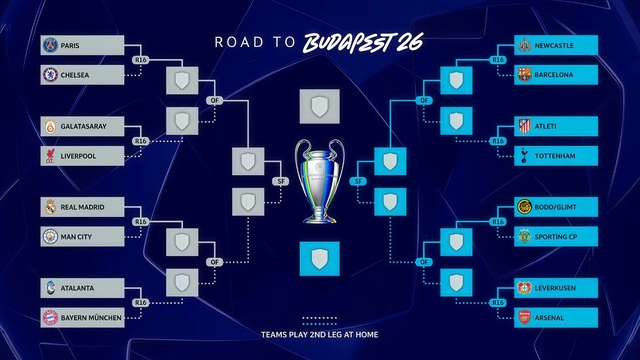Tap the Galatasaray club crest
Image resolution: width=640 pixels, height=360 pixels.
[x=50, y=127]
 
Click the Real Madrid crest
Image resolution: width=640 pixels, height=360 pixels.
[x=50, y=207]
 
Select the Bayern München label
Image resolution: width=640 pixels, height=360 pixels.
[x=91, y=316]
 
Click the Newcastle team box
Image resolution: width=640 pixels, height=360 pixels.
[x=555, y=45]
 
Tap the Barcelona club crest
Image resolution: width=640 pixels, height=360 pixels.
[x=524, y=74]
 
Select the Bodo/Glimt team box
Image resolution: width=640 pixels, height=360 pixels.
[x=555, y=207]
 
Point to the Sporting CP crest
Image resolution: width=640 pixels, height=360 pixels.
[x=524, y=236]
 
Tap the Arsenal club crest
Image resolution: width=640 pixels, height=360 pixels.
[x=524, y=316]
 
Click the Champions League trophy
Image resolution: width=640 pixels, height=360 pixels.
[x=320, y=180]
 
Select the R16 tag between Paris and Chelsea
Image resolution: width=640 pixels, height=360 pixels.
[x=141, y=60]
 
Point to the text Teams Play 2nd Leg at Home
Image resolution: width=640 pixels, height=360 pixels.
[x=319, y=334]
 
